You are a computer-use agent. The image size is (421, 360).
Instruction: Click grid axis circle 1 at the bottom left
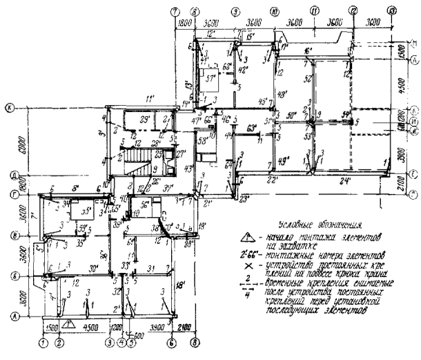click(43, 341)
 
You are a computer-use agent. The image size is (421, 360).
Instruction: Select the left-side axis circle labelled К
click(9, 108)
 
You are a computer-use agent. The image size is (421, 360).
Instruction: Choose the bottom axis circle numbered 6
click(171, 341)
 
